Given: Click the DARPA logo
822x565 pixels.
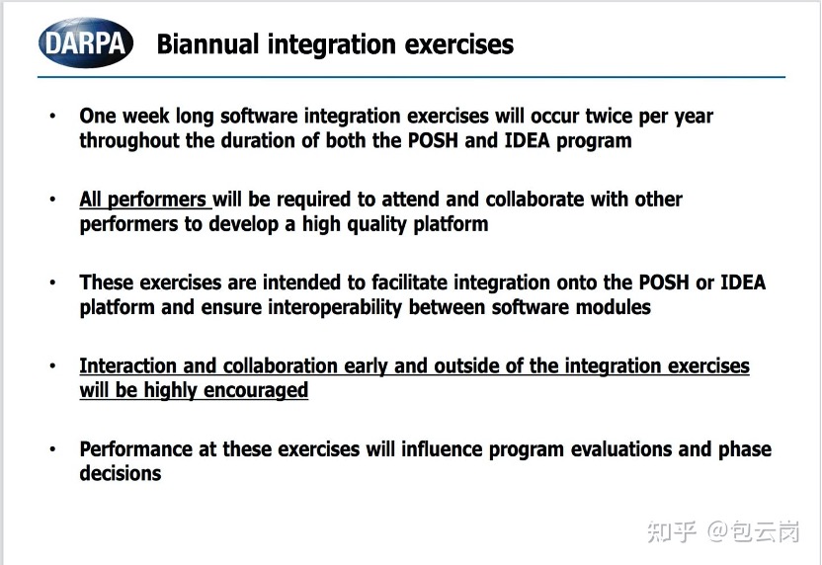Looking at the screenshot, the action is pyautogui.click(x=86, y=43).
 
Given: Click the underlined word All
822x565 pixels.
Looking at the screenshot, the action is pyautogui.click(x=90, y=200).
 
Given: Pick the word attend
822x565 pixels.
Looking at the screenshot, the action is pyautogui.click(x=404, y=200).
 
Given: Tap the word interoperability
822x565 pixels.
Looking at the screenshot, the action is pyautogui.click(x=335, y=307).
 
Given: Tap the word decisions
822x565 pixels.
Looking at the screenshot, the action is pyautogui.click(x=121, y=473).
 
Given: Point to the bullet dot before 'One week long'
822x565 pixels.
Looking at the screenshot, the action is pyautogui.click(x=52, y=116).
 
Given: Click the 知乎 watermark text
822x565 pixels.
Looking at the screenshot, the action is pyautogui.click(x=672, y=531).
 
